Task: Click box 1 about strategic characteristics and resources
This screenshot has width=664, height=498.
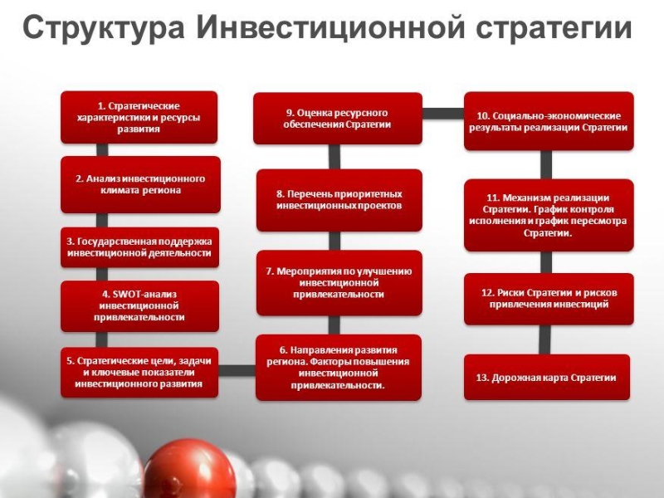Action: [139, 118]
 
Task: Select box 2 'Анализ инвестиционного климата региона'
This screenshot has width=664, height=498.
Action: [139, 183]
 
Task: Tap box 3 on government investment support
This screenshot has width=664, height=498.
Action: [139, 247]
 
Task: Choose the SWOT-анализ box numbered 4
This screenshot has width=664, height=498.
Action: [139, 305]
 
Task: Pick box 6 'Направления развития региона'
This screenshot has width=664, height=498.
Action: [338, 368]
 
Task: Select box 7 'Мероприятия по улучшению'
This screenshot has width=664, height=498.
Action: [338, 283]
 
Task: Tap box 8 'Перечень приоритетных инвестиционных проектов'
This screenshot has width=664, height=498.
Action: [338, 199]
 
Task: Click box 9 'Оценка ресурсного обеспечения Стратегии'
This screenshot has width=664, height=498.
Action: [338, 119]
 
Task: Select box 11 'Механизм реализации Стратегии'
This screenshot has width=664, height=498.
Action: [548, 215]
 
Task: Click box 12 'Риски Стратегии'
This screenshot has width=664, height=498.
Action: [548, 299]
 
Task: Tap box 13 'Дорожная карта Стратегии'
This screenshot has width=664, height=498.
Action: [548, 377]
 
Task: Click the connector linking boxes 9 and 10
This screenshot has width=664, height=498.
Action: [442, 113]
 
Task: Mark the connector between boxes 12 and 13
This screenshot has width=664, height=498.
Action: [544, 339]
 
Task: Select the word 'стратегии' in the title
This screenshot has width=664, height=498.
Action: [554, 29]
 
